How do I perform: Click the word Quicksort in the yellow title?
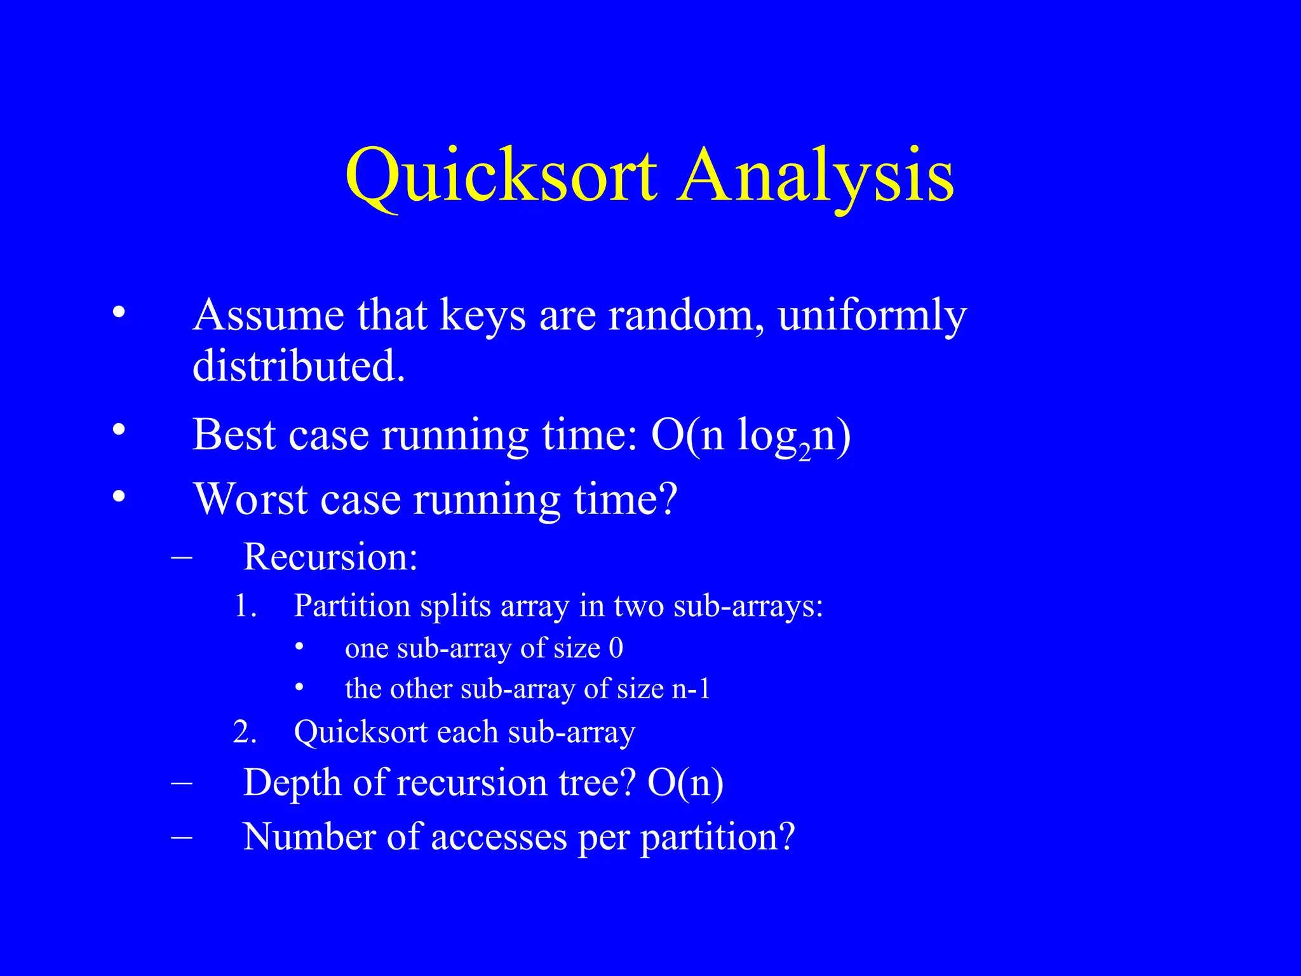tap(501, 175)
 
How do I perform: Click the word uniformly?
tap(872, 316)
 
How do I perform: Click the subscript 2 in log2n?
tap(804, 452)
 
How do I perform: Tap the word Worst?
tap(250, 499)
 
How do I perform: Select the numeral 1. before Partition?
tap(245, 606)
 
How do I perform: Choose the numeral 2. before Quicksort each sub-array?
tap(245, 732)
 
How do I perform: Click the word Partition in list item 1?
tap(352, 606)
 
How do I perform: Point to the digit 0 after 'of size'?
tap(616, 648)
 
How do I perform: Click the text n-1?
tap(691, 689)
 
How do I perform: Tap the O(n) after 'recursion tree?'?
tap(685, 782)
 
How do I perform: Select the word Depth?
tap(292, 782)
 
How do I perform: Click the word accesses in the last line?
tap(499, 837)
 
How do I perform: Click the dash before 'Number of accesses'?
tap(182, 837)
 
